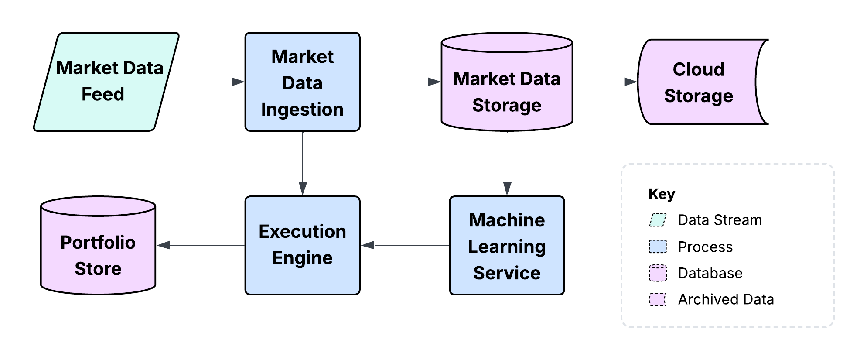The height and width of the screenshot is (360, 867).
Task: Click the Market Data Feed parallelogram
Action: click(x=106, y=82)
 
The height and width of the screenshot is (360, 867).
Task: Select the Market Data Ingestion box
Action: click(x=302, y=82)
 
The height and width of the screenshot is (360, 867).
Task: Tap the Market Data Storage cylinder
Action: click(x=506, y=87)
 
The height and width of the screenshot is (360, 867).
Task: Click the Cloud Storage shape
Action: click(x=698, y=82)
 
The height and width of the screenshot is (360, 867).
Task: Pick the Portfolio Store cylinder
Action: click(x=98, y=251)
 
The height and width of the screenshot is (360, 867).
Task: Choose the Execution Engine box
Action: click(x=302, y=245)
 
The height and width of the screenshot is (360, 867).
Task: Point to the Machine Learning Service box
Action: click(x=506, y=245)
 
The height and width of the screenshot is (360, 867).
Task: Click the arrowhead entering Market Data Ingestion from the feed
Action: click(x=238, y=82)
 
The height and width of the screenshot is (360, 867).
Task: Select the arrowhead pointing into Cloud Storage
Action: click(x=631, y=82)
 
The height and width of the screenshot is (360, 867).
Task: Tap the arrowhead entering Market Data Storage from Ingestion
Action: click(x=434, y=82)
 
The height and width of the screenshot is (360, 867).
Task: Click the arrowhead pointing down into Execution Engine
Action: click(x=303, y=189)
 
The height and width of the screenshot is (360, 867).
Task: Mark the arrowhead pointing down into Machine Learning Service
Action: click(x=507, y=189)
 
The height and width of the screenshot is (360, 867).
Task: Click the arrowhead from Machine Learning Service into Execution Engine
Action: click(x=368, y=245)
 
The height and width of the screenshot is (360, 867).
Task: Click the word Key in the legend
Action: click(x=661, y=194)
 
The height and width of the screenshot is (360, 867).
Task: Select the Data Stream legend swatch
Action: click(x=658, y=220)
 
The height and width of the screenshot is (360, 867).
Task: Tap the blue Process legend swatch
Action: click(x=658, y=247)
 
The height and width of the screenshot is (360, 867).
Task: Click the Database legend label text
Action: click(x=710, y=273)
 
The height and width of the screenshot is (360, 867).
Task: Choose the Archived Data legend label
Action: click(x=726, y=299)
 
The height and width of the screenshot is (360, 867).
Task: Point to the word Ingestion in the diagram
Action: click(x=302, y=110)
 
